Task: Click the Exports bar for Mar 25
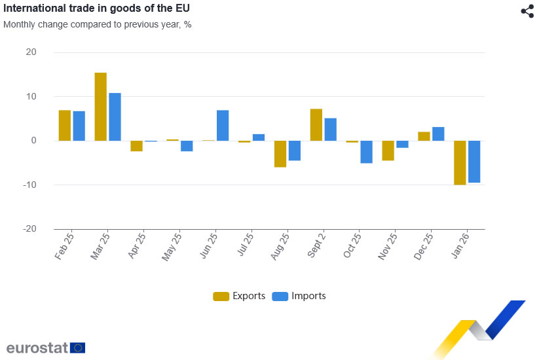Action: click(x=100, y=107)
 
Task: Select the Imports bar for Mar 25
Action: click(x=115, y=117)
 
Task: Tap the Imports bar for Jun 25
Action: click(x=223, y=126)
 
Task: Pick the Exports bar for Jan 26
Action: click(x=460, y=162)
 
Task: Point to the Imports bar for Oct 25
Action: click(x=366, y=152)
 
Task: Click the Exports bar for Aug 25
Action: click(x=280, y=154)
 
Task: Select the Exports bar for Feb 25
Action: click(x=65, y=126)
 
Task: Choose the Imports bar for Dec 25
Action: click(x=438, y=134)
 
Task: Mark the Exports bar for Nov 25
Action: click(x=388, y=151)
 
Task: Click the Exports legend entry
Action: click(x=240, y=296)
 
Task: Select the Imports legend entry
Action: click(x=299, y=296)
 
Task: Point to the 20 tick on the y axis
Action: click(x=31, y=52)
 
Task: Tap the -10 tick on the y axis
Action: click(x=29, y=185)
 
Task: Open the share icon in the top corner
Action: click(x=527, y=11)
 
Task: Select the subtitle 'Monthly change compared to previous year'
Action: click(x=98, y=25)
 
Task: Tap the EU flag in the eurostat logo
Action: click(x=77, y=348)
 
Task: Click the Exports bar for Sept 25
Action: click(x=316, y=125)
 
